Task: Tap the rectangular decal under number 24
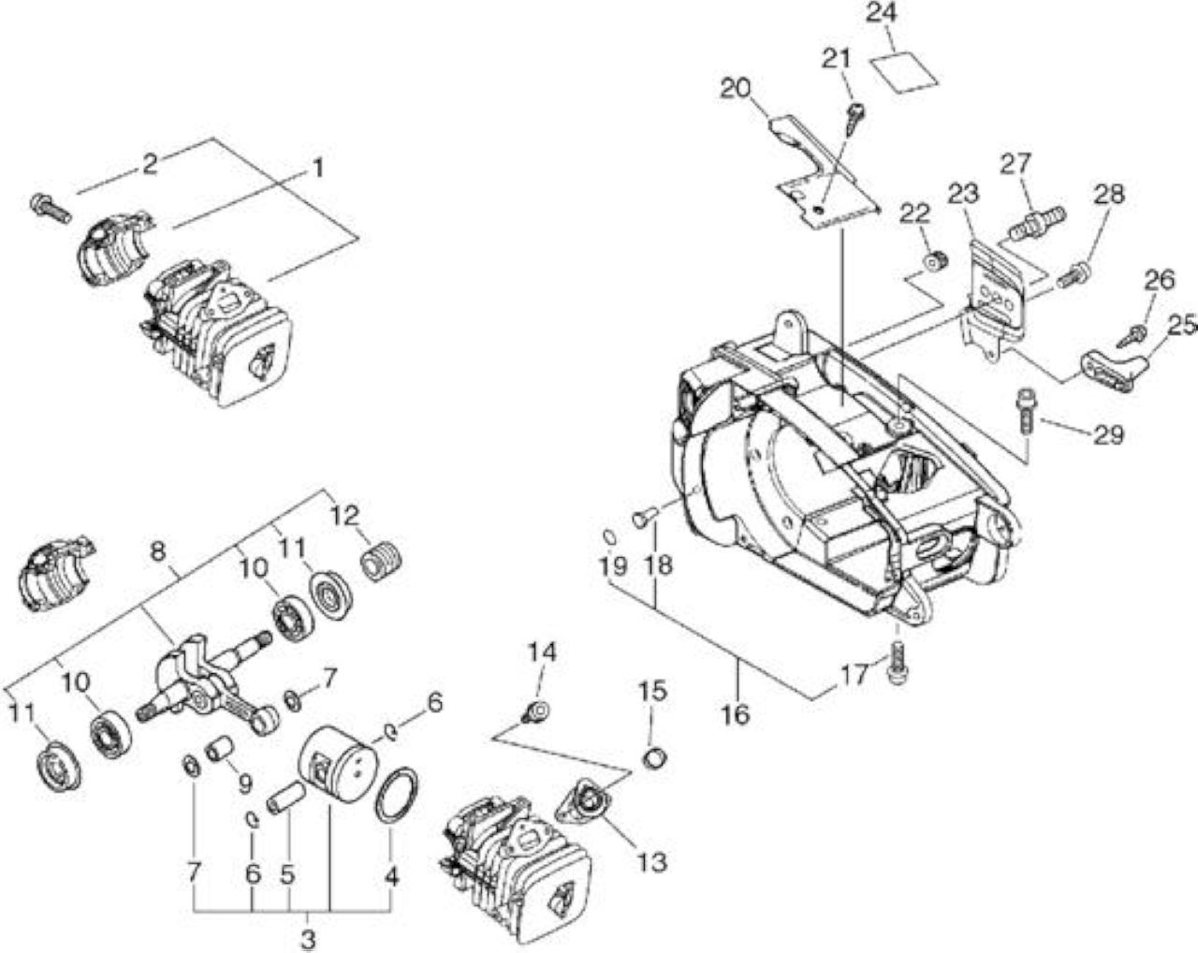coord(903,72)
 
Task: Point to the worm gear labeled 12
coord(381,562)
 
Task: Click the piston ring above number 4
coord(397,796)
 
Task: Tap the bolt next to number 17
coord(898,663)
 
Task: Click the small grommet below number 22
coord(936,261)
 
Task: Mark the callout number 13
coord(651,863)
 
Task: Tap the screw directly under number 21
coord(855,119)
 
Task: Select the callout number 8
coord(158,552)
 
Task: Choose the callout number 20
coord(736,89)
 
